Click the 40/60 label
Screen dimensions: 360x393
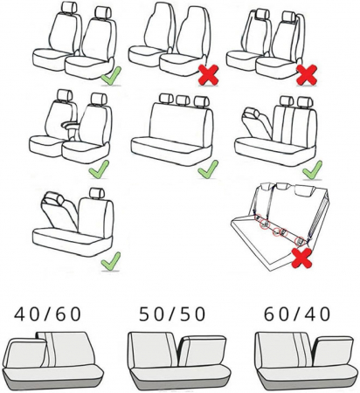pyautogui.click(x=47, y=314)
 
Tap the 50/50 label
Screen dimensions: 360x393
pyautogui.click(x=172, y=314)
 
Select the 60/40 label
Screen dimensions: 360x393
pyautogui.click(x=297, y=314)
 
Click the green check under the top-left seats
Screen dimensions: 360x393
pyautogui.click(x=111, y=76)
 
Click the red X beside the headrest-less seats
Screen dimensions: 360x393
pyautogui.click(x=208, y=75)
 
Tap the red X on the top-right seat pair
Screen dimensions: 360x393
pyautogui.click(x=307, y=75)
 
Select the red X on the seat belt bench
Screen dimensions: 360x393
pyautogui.click(x=302, y=258)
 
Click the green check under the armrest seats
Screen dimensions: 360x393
pyautogui.click(x=99, y=169)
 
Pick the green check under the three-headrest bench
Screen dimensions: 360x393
pyautogui.click(x=208, y=169)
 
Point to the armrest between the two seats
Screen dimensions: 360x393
pyautogui.click(x=70, y=126)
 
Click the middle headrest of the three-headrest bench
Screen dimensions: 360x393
pyautogui.click(x=183, y=100)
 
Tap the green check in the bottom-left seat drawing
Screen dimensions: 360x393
pyautogui.click(x=111, y=261)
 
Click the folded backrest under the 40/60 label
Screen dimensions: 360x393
pyautogui.click(x=26, y=353)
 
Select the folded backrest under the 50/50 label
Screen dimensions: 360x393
pyautogui.click(x=202, y=351)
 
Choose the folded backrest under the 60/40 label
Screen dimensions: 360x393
pyautogui.click(x=333, y=351)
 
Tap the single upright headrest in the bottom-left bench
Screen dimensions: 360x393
pyautogui.click(x=97, y=193)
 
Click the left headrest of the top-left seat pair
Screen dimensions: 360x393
pyautogui.click(x=69, y=7)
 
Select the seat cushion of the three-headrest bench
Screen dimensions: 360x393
pyautogui.click(x=171, y=150)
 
